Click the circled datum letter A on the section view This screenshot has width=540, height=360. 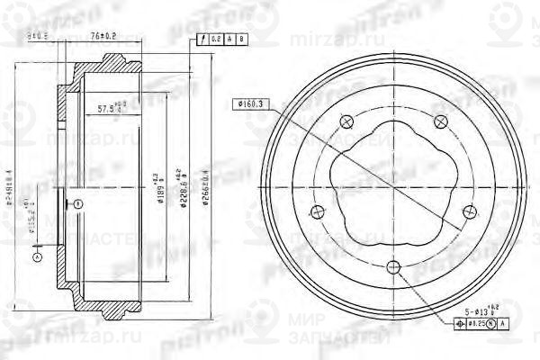pyautogui.click(x=36, y=257)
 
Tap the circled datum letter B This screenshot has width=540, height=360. pyautogui.click(x=76, y=202)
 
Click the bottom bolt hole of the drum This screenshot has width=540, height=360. pyautogui.click(x=393, y=266)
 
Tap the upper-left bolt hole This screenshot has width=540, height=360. pyautogui.click(x=346, y=123)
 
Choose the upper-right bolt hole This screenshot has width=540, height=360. pyautogui.click(x=440, y=121)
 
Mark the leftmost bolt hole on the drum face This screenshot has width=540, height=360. pyautogui.click(x=317, y=212)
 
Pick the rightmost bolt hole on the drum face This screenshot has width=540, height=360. pyautogui.click(x=470, y=211)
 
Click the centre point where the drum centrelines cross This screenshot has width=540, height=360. pyautogui.click(x=393, y=185)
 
